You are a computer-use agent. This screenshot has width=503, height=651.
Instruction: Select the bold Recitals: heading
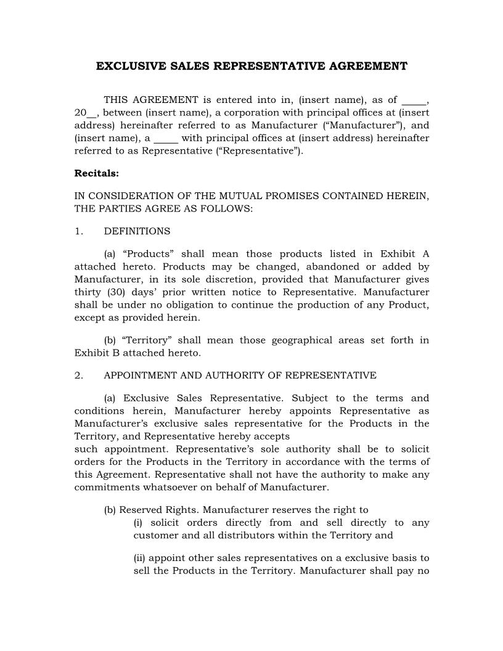pyautogui.click(x=97, y=173)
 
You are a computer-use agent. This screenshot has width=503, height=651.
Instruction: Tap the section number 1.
pyautogui.click(x=78, y=231)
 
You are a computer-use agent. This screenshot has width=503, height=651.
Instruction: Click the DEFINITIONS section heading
pyautogui.click(x=137, y=231)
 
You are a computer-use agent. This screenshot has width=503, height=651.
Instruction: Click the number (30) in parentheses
pyautogui.click(x=113, y=292)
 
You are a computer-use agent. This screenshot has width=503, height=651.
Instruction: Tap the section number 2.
pyautogui.click(x=78, y=375)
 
